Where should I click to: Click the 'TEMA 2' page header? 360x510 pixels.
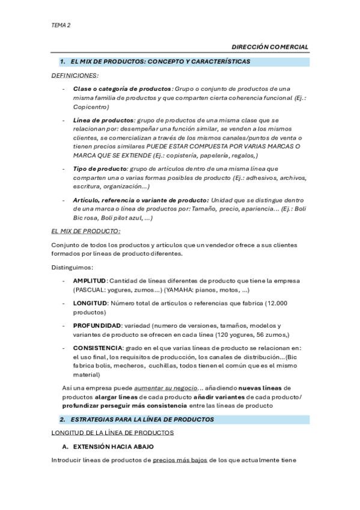pyautogui.click(x=61, y=25)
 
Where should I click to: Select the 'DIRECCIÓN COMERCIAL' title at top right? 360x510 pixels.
pyautogui.click(x=270, y=47)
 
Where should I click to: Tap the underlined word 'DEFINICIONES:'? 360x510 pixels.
pyautogui.click(x=75, y=75)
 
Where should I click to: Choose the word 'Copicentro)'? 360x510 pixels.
pyautogui.click(x=89, y=106)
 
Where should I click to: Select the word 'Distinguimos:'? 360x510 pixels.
pyautogui.click(x=72, y=267)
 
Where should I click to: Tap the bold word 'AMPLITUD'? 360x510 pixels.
pyautogui.click(x=90, y=281)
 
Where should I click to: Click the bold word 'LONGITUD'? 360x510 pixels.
pyautogui.click(x=90, y=303)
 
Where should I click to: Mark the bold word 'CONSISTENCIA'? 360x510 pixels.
pyautogui.click(x=98, y=348)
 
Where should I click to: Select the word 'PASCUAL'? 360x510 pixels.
pyautogui.click(x=91, y=290)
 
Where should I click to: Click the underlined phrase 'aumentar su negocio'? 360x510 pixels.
pyautogui.click(x=165, y=388)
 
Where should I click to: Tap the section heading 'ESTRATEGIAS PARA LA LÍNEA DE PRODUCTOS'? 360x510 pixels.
pyautogui.click(x=142, y=419)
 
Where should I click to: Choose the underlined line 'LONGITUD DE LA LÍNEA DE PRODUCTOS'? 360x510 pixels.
pyautogui.click(x=113, y=432)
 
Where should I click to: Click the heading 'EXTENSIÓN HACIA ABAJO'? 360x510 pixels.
pyautogui.click(x=114, y=447)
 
